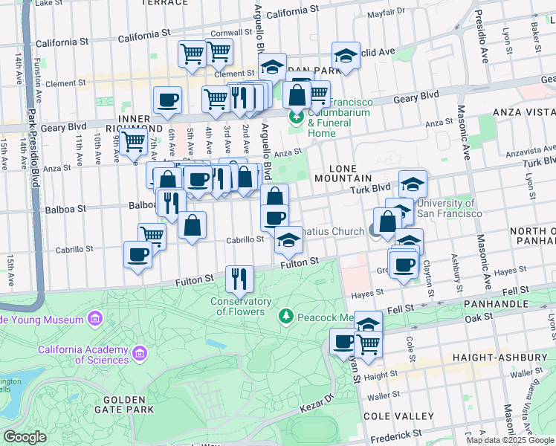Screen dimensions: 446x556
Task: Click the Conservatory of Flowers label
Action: (240, 306)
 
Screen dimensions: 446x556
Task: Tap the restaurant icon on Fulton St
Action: (239, 279)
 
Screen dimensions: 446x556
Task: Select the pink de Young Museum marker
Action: (94, 320)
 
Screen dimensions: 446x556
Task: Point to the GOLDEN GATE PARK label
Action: (124, 403)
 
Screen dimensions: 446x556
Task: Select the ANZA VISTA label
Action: (523, 111)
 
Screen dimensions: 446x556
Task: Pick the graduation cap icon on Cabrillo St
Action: (288, 239)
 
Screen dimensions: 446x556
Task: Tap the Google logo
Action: (25, 437)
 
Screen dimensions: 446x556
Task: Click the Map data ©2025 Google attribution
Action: (510, 440)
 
